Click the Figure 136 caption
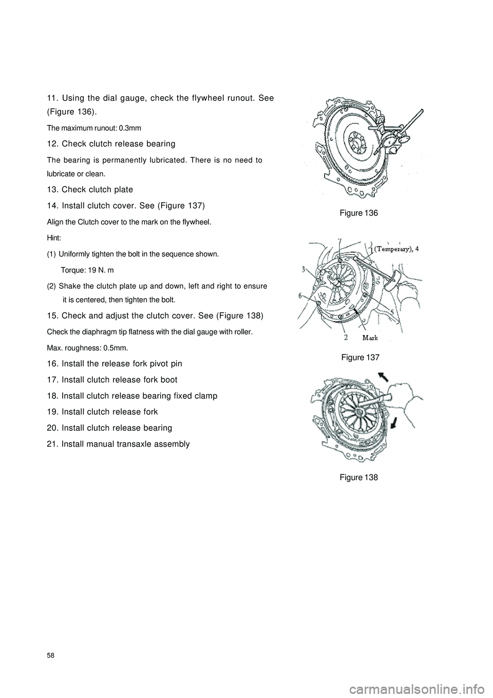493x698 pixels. coord(358,213)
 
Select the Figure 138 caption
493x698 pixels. coord(358,477)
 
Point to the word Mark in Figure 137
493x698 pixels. coord(370,338)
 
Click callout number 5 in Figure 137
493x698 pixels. coord(393,312)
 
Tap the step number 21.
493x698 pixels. coord(51,444)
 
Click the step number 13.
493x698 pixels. coord(51,189)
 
